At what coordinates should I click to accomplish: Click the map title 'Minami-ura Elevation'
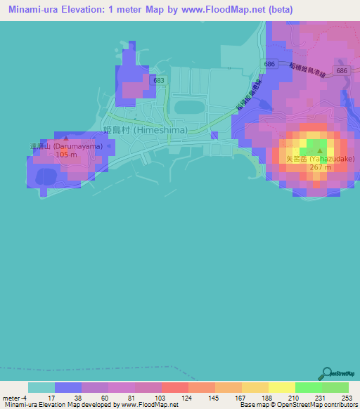[x=63, y=10]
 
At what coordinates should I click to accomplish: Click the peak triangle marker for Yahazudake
[x=321, y=150]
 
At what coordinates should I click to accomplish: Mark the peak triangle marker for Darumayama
[x=65, y=138]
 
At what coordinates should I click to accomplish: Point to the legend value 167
[x=229, y=398]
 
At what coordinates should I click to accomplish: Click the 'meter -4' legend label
[x=15, y=398]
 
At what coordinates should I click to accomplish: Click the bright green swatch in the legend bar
[x=309, y=387]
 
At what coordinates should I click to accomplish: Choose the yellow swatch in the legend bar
[x=282, y=387]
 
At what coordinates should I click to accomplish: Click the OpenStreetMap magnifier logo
[x=328, y=372]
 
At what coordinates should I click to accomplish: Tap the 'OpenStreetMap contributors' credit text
[x=316, y=405]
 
